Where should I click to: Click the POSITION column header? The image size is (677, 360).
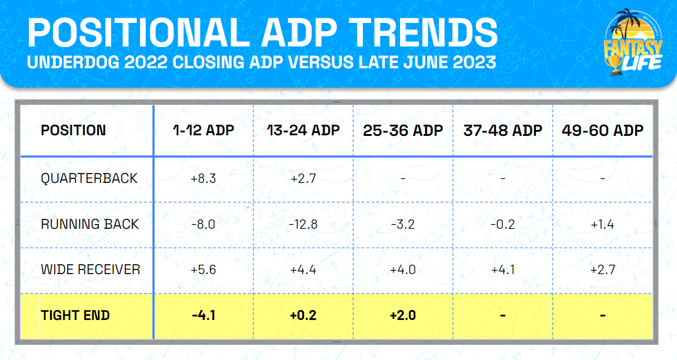pos(74,131)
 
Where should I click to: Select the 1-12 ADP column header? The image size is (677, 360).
pos(204,131)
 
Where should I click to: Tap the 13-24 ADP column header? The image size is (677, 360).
pos(303,131)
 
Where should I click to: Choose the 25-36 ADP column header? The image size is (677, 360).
pos(403,131)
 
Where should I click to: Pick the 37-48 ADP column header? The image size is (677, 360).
pos(503,131)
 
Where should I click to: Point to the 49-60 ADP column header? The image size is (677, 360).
pos(603,131)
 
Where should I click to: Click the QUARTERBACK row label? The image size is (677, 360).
pos(89,179)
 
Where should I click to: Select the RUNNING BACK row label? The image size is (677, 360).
pos(90,224)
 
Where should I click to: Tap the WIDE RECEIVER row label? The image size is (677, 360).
pos(91,270)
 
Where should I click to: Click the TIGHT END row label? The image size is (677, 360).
pos(75,315)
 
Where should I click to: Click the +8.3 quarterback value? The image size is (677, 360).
pos(204,179)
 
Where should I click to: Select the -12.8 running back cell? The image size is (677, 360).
pos(303,224)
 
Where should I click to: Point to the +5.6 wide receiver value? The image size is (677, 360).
pos(204,270)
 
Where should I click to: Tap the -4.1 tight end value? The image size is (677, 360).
pos(204,315)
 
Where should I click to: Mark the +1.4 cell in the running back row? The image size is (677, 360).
pos(603,224)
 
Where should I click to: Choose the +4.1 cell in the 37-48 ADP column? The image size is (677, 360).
pos(503,270)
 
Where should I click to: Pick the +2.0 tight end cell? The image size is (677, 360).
pos(403,315)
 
